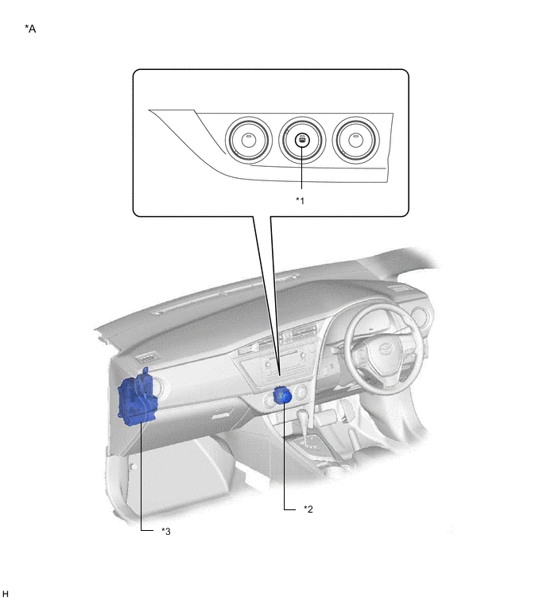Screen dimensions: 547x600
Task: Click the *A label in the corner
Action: pyautogui.click(x=30, y=29)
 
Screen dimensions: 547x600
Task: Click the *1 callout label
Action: pyautogui.click(x=300, y=200)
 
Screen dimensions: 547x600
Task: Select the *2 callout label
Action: pyautogui.click(x=308, y=509)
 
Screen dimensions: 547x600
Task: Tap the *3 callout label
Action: pyautogui.click(x=165, y=531)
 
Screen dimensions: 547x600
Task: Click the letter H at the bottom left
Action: pyautogui.click(x=5, y=594)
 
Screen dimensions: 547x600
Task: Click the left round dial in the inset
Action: pyautogui.click(x=248, y=140)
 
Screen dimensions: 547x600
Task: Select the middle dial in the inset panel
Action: pyautogui.click(x=302, y=140)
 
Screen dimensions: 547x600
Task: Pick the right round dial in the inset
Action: pyautogui.click(x=355, y=140)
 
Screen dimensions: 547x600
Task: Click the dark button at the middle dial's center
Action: pyautogui.click(x=302, y=141)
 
